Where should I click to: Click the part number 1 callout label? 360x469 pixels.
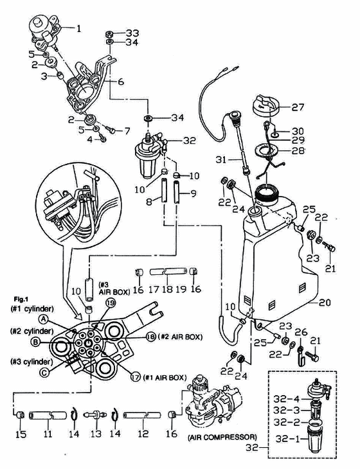coord(78,29)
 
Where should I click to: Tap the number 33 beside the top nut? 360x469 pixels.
coord(132,33)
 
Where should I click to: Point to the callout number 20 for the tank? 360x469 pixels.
coord(325,303)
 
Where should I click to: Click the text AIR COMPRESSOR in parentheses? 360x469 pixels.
coord(222,438)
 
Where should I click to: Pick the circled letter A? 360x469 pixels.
coord(44,319)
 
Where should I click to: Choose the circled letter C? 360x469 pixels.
coord(44,373)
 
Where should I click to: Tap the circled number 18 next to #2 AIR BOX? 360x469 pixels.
coord(151,337)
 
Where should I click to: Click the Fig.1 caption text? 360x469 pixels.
coord(21,299)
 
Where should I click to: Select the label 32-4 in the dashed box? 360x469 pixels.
coord(286,399)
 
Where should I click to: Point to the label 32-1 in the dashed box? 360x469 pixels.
coord(286,439)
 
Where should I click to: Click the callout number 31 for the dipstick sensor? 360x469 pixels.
coord(222,160)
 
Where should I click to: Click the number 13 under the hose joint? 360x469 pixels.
coord(96,434)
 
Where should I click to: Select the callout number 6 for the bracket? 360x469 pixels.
coord(121,82)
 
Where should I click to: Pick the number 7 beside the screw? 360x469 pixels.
coord(127,130)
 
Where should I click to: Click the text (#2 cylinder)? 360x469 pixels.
coord(32,332)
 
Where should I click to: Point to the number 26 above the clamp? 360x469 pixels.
coord(301,332)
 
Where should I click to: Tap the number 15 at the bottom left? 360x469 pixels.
coord(21,434)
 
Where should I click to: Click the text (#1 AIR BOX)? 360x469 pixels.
coord(165,378)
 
